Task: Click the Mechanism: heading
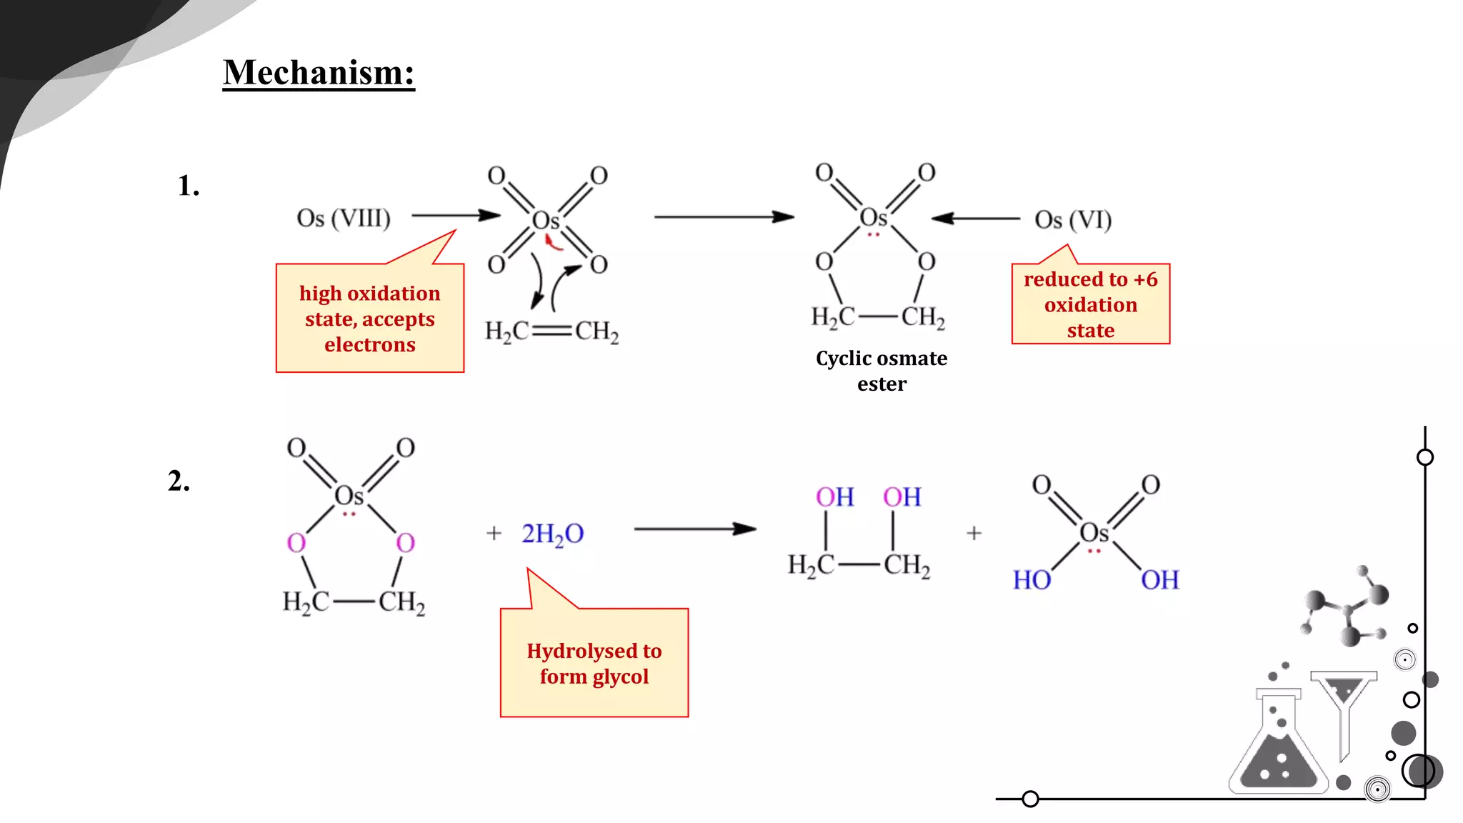319,74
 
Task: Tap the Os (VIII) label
344,218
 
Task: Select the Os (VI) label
1073,219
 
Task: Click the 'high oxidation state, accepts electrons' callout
370,319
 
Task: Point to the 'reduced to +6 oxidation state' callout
1090,304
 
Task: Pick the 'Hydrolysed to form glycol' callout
594,663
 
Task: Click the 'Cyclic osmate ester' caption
882,371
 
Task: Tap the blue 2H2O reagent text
552,534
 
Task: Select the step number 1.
188,186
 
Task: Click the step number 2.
179,481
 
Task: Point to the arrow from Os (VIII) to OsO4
456,215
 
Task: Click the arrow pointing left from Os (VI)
976,218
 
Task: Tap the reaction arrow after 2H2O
695,529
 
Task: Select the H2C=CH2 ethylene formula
551,331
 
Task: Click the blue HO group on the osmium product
1032,580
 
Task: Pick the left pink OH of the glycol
834,497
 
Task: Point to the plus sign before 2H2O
494,533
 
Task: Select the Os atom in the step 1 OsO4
546,221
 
